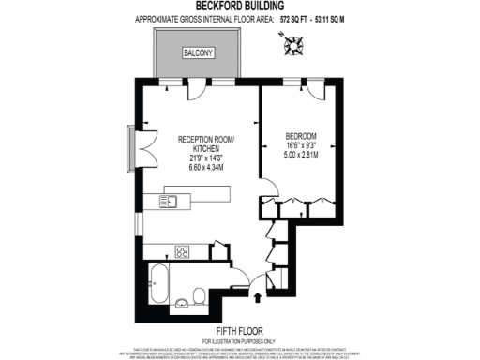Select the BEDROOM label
coord(301,137)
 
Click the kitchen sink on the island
coord(172,200)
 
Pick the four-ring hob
coord(182,250)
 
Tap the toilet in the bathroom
coord(198,297)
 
